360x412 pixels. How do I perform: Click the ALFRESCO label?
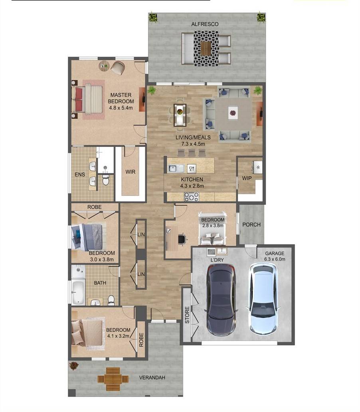coord(205,24)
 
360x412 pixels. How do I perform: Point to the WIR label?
coord(130,172)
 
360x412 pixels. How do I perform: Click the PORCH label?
coord(251,225)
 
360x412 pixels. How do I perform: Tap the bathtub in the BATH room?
coord(78,292)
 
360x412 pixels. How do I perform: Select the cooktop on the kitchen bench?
coord(191,196)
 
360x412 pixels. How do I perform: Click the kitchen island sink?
coord(176,168)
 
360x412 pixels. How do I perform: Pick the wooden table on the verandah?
coord(113,378)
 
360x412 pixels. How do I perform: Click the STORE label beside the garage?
coord(187,315)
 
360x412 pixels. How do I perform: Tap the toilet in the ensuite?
coord(106,180)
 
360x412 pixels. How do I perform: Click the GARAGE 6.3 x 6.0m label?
coord(275,256)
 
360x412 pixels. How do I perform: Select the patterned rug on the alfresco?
coord(206,48)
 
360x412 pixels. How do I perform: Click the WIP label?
coord(247,178)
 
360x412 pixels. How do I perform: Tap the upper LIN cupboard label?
coord(141,234)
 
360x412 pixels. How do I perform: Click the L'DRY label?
coord(217,260)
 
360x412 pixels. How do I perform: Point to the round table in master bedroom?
coord(104,66)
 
